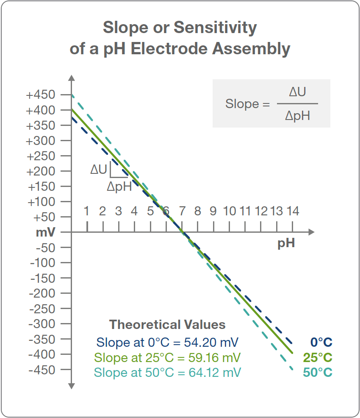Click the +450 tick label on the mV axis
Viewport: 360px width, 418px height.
click(41, 95)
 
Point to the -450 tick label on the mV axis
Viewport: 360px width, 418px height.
click(42, 370)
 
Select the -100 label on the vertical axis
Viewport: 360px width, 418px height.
click(42, 262)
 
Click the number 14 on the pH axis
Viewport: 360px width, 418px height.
click(293, 211)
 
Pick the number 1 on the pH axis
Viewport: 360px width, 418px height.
click(86, 211)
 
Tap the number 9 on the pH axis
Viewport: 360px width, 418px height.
click(213, 211)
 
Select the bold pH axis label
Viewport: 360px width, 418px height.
click(286, 244)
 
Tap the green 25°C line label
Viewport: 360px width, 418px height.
click(318, 357)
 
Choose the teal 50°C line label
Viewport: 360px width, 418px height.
click(318, 373)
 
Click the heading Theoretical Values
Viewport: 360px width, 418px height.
click(167, 325)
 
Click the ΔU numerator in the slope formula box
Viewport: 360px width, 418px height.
click(297, 92)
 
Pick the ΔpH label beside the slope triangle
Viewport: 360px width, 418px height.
click(119, 187)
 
